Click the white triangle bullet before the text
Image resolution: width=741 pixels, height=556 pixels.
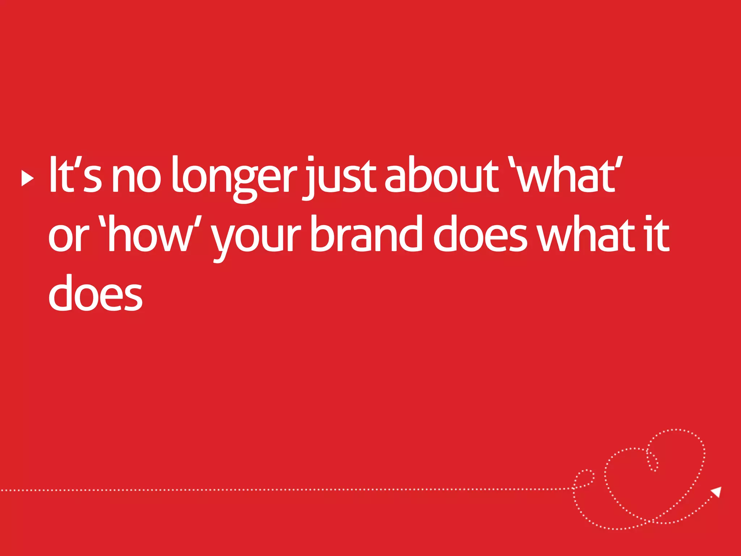coord(27,178)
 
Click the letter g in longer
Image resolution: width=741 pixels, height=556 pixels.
coord(246,183)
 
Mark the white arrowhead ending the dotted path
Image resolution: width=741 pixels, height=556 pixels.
coord(716,492)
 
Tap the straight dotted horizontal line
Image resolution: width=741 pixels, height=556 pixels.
coord(289,490)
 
